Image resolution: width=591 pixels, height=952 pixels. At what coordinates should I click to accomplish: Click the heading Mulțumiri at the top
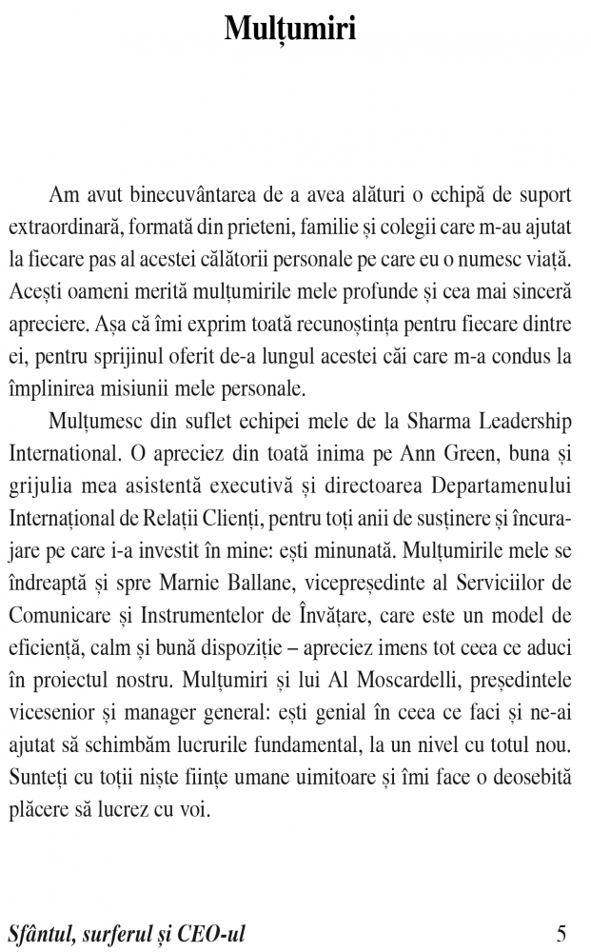click(290, 29)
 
